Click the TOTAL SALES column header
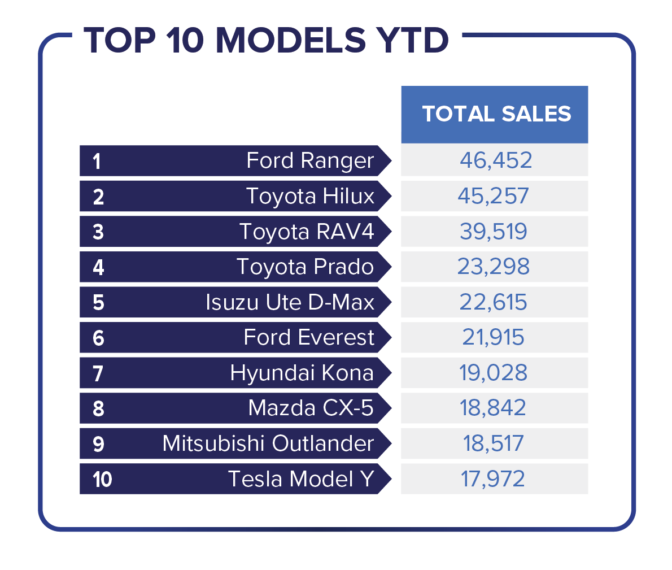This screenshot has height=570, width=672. pos(496,114)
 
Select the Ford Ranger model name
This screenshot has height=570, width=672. pos(310,161)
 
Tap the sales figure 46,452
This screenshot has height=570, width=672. pos(495,160)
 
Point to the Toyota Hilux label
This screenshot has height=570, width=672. pos(310,196)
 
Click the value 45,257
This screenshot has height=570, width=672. pos(494,196)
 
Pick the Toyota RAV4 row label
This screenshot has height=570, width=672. pos(307,232)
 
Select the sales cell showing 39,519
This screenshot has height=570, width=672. pos(494,232)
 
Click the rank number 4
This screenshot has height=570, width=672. pos(98,267)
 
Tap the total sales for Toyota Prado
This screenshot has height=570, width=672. pos(494,267)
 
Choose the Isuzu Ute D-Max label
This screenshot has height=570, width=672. pos(290,302)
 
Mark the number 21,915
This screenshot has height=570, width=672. pos(494,337)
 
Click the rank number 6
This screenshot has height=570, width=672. pos(98,338)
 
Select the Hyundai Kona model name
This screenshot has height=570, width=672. pos(302,373)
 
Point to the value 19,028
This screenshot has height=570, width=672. pos(494,373)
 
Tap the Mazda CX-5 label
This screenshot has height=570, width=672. pos(311,408)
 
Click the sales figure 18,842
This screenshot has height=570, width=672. pos(494,408)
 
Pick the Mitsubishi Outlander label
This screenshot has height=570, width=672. pos(268,443)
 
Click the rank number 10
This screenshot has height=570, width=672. pos(102,480)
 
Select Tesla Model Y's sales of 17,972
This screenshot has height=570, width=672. pos(494,479)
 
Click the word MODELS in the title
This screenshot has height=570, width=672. pos(291,41)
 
